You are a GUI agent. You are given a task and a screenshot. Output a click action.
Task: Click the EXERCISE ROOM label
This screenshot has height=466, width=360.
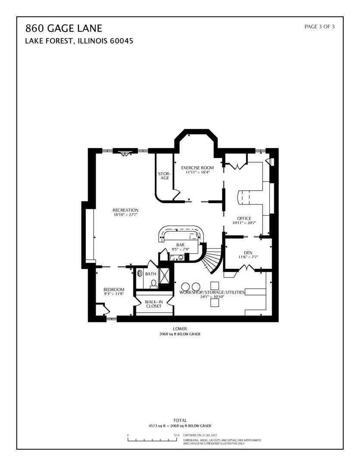197,167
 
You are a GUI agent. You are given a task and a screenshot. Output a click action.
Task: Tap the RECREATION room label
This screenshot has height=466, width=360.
125,210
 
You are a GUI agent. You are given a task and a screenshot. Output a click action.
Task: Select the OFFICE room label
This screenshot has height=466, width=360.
244,218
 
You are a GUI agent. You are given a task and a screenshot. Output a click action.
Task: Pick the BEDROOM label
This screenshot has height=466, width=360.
114,290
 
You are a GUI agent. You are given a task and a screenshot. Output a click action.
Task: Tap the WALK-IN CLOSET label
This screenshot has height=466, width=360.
153,304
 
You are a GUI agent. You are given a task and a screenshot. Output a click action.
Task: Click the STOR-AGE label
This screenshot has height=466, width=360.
164,176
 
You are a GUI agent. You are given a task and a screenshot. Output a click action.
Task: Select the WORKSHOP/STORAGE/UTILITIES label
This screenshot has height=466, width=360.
212,292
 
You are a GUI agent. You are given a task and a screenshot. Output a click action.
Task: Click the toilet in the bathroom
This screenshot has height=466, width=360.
153,284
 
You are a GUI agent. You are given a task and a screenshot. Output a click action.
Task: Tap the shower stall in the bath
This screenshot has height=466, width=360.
164,276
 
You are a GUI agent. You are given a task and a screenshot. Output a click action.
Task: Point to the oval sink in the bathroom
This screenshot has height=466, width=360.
140,273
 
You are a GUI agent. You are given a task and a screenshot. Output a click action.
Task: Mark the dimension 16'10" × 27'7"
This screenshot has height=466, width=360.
125,214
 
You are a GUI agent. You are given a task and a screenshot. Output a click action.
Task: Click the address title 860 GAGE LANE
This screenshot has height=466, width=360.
64,28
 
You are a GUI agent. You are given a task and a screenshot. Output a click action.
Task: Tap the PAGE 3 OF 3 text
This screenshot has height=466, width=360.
319,27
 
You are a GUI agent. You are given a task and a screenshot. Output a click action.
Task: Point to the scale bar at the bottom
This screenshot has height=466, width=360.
153,440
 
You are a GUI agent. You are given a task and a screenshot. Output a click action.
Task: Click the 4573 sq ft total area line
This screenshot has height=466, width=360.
180,425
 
